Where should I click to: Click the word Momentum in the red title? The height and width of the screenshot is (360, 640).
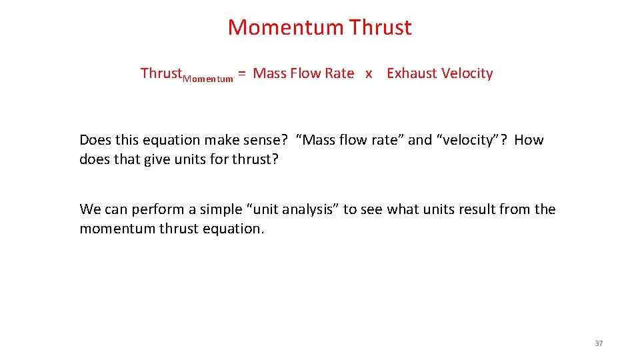(285, 27)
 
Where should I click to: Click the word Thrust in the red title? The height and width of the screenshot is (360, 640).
(380, 27)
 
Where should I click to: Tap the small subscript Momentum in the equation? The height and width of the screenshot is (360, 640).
(207, 79)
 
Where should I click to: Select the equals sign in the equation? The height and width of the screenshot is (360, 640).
(243, 73)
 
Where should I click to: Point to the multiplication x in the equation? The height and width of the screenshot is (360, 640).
(369, 74)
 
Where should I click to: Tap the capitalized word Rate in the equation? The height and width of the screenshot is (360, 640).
(339, 73)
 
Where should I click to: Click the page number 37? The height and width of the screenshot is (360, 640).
(598, 343)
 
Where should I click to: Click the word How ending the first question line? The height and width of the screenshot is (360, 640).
(529, 140)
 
